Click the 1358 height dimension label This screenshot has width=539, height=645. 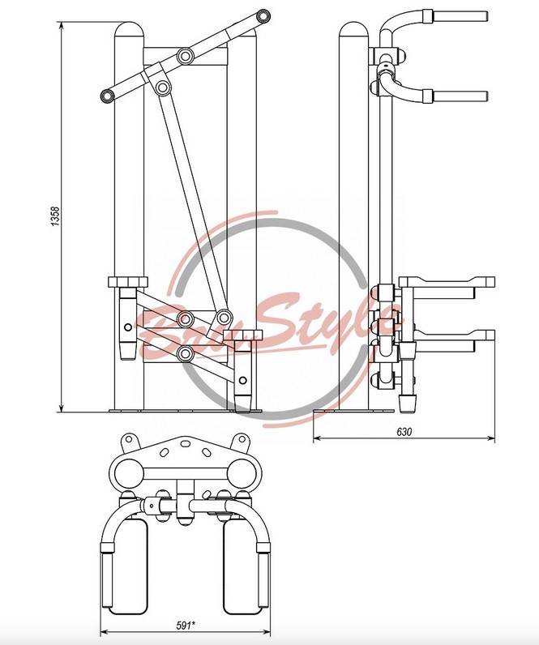[x=56, y=216]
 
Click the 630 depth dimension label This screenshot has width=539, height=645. [x=404, y=432]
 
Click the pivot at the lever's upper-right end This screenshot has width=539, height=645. [x=262, y=16]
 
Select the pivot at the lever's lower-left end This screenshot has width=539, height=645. [x=107, y=96]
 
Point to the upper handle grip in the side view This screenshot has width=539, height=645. [x=460, y=16]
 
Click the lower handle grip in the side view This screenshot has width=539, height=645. [x=460, y=96]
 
